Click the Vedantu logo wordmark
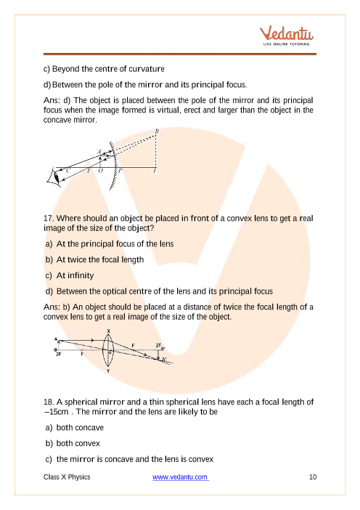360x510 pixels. coord(287,33)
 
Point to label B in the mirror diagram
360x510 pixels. coord(157,131)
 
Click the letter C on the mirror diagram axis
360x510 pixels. coord(67,170)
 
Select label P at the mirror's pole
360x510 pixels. coord(120,170)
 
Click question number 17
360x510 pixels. coord(49,218)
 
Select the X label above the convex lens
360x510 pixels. coord(109,331)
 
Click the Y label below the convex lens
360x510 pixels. coord(108,371)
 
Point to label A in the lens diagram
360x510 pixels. coord(56,339)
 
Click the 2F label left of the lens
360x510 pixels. coord(59,355)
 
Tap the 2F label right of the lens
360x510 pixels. coord(158,345)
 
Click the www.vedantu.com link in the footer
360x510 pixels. coord(180,477)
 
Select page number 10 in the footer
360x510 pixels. coord(313,477)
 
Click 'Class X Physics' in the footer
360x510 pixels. coord(67,477)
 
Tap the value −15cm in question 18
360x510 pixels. coord(56,412)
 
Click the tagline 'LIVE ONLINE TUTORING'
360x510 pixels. coord(286,44)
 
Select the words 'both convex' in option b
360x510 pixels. coord(78,443)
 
